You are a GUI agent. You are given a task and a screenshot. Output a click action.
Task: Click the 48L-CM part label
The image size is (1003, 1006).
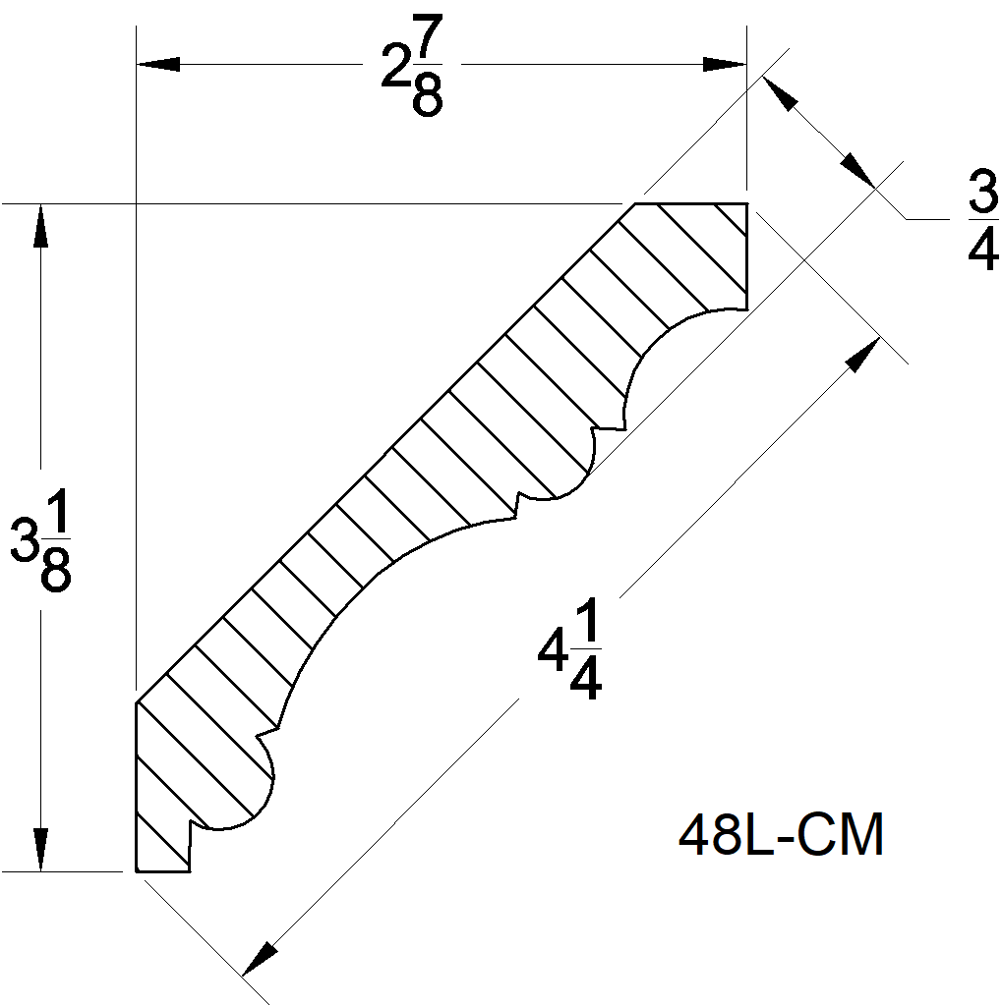click(781, 836)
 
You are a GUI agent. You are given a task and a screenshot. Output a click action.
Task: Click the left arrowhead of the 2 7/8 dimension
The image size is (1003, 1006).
click(157, 64)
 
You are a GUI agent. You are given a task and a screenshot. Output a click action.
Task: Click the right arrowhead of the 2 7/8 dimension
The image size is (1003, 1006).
click(725, 64)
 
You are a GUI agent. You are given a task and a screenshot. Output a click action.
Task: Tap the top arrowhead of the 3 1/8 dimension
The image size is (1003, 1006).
click(40, 225)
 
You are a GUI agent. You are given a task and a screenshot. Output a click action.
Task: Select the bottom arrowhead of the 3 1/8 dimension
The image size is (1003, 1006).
click(40, 850)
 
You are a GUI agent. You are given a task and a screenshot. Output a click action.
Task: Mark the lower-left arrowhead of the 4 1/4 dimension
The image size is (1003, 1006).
click(259, 959)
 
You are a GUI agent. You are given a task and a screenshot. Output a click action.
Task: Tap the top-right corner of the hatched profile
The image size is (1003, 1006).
click(747, 204)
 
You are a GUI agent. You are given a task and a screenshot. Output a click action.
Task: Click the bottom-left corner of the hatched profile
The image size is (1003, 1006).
click(136, 870)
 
